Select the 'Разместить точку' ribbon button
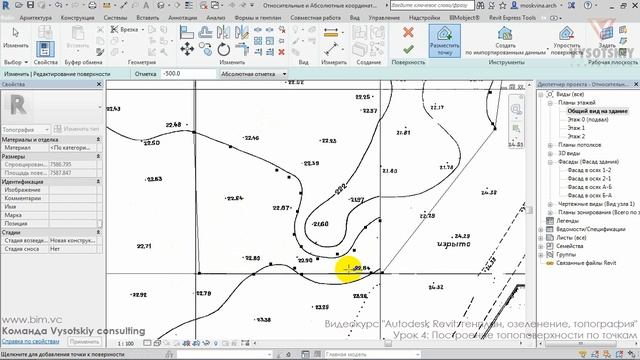[x=445, y=41]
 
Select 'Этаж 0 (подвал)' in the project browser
[x=586, y=121]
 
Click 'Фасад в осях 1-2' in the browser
[x=590, y=170]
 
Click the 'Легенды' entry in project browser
[x=570, y=220]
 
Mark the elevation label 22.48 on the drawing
[x=172, y=124]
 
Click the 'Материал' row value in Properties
[x=75, y=147]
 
